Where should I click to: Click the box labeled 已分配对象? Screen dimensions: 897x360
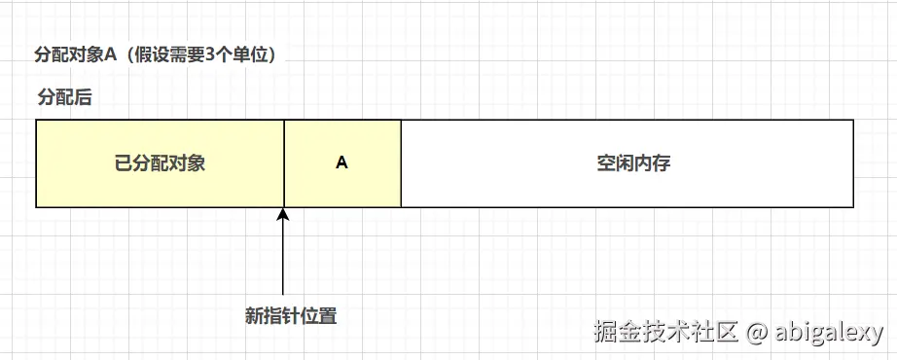click(160, 163)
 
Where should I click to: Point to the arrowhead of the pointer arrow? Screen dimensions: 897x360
click(283, 215)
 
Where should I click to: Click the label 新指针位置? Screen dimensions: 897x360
click(291, 316)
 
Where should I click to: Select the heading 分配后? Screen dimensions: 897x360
click(64, 97)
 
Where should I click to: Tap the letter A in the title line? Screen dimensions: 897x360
click(110, 54)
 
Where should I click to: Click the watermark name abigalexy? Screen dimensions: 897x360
click(830, 332)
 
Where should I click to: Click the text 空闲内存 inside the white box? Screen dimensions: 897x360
click(633, 163)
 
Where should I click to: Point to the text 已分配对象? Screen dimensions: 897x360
click(160, 163)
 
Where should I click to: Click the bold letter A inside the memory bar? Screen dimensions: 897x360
click(341, 163)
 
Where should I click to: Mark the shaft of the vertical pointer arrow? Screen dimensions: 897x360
click(283, 258)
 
